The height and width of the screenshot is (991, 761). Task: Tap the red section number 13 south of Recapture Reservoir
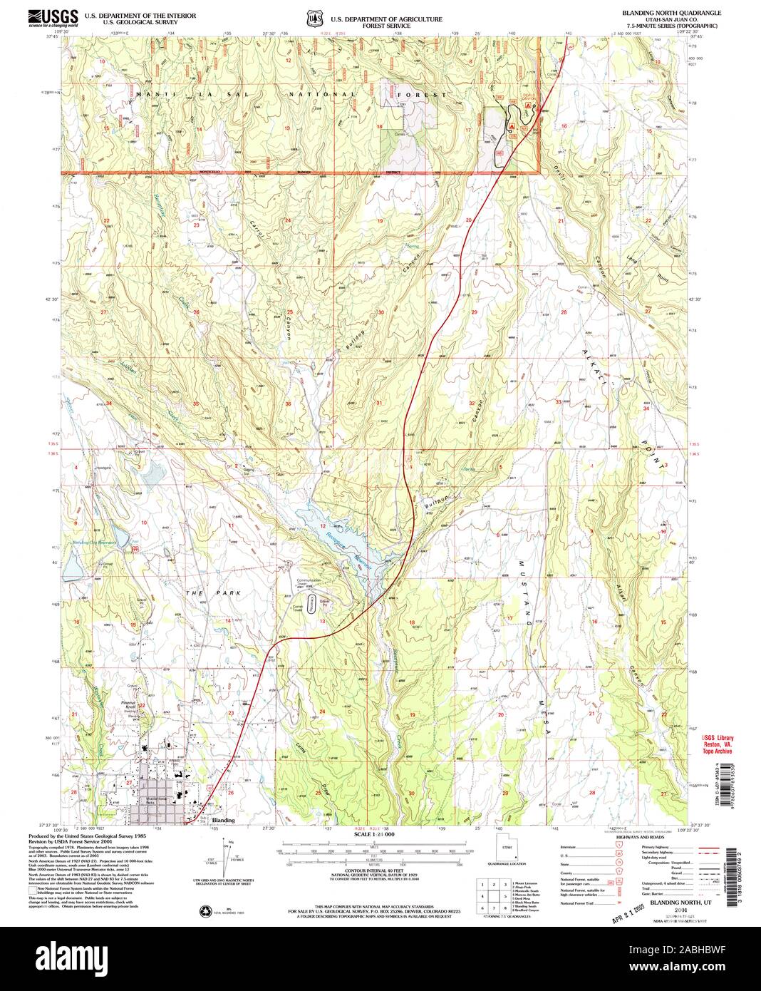322,620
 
